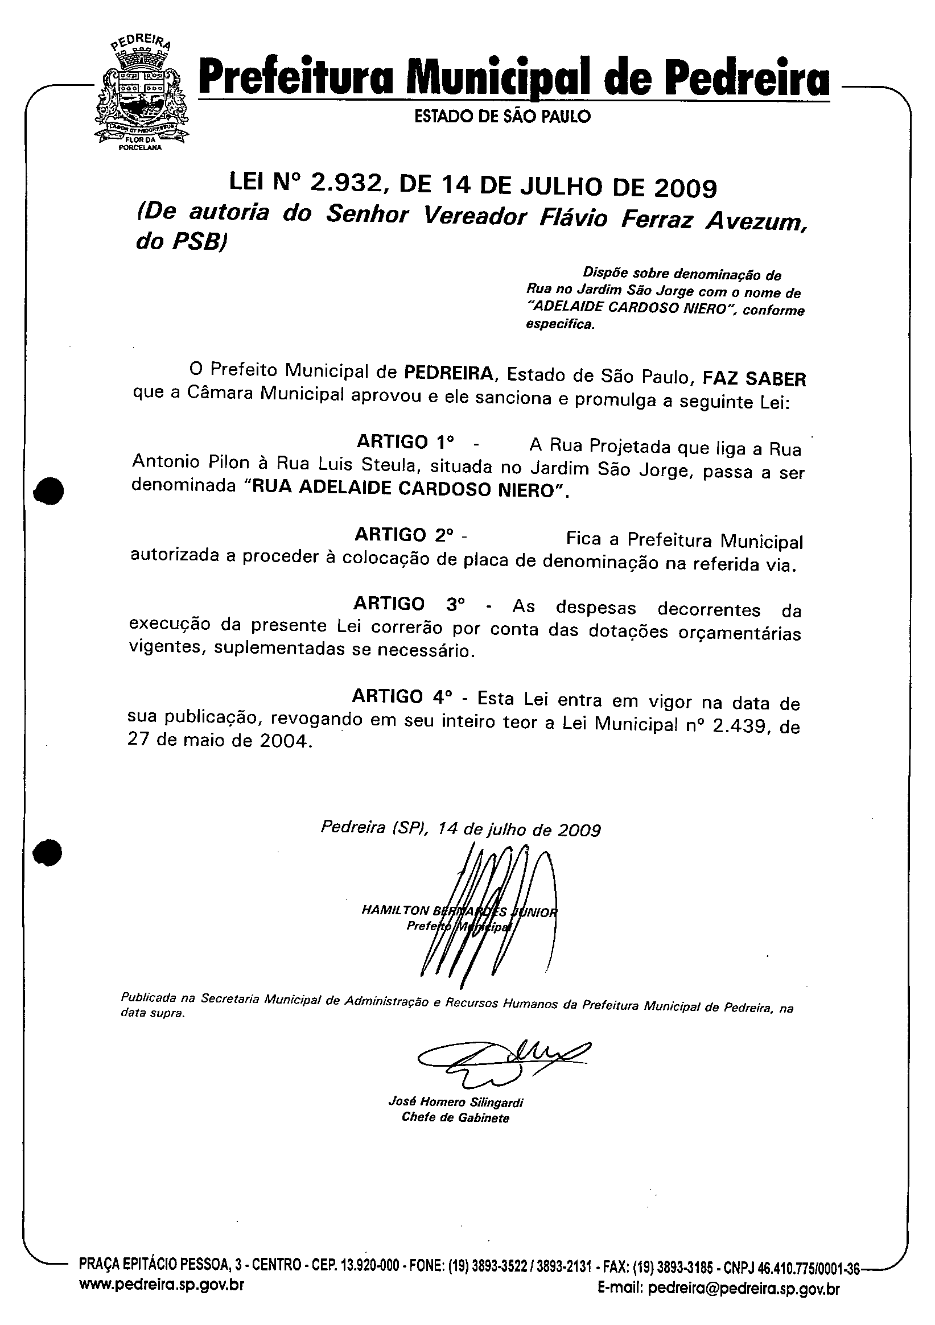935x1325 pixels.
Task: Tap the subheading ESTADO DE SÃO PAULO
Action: pyautogui.click(x=502, y=117)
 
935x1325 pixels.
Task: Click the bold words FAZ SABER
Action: pyautogui.click(x=754, y=378)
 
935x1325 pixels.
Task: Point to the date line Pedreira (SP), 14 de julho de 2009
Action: pyautogui.click(x=460, y=829)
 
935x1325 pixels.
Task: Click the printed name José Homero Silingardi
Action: pyautogui.click(x=455, y=1102)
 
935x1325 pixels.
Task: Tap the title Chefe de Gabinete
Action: pyautogui.click(x=455, y=1118)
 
